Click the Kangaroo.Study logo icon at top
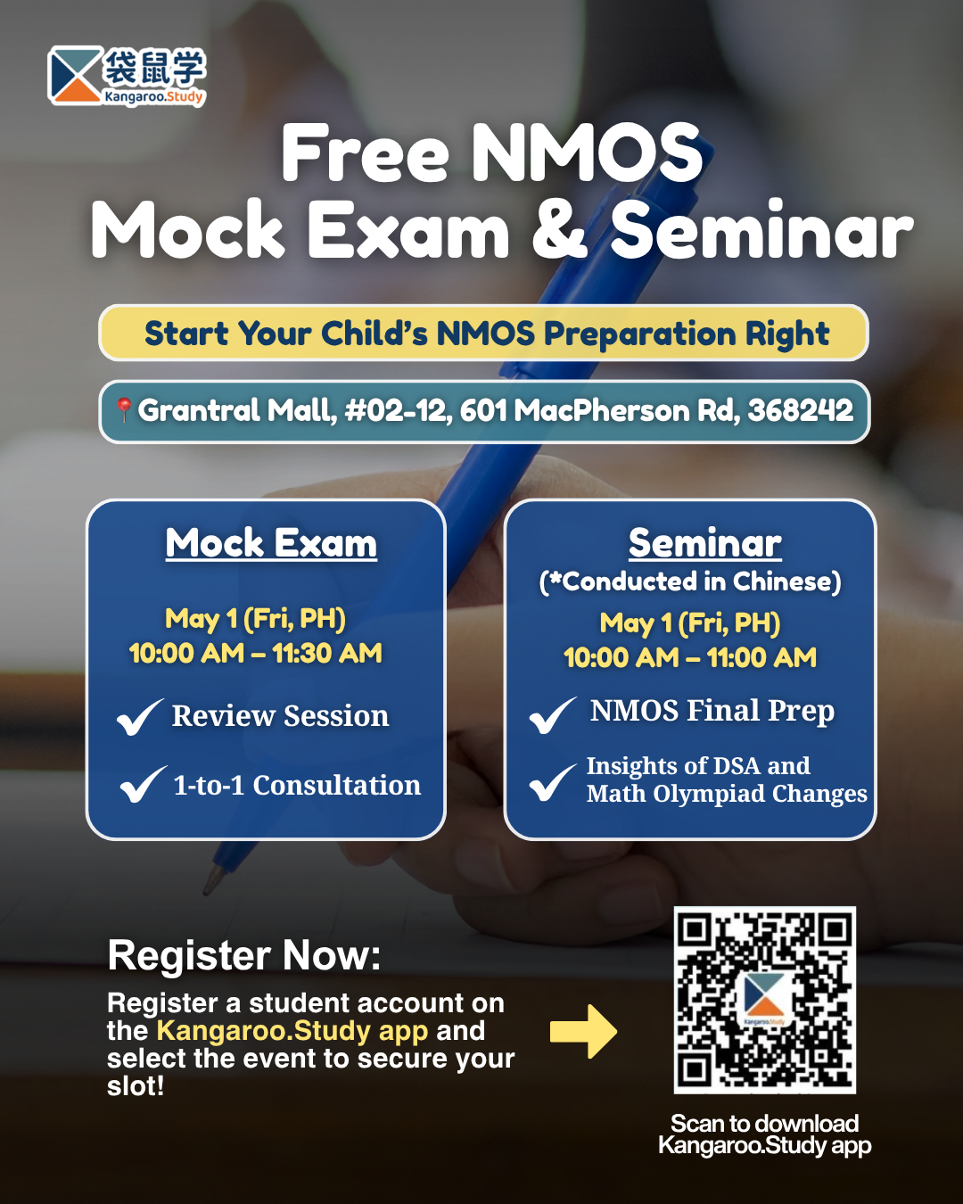tap(75, 76)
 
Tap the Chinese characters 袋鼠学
tap(154, 68)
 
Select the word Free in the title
tap(365, 153)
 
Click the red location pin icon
tap(124, 409)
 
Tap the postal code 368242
tap(800, 410)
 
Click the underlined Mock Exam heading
tap(271, 543)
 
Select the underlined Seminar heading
tap(705, 543)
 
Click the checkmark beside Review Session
tap(140, 717)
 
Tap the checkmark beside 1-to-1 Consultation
tap(144, 784)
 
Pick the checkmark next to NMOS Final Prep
tap(553, 715)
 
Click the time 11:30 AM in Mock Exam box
tap(327, 653)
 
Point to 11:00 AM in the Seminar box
tap(761, 657)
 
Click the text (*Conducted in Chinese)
tap(690, 581)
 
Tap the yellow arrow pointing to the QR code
tap(583, 1032)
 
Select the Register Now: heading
tap(244, 955)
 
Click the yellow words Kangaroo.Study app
tap(292, 1031)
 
